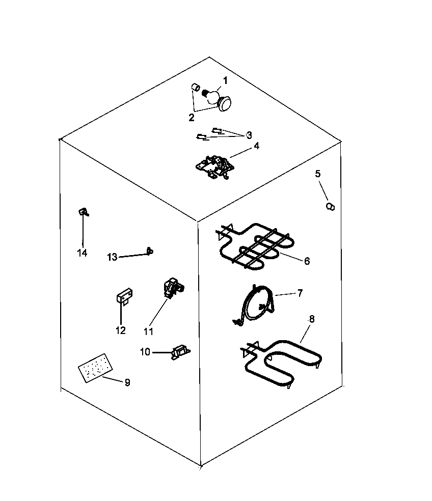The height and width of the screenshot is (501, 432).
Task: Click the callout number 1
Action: (225, 80)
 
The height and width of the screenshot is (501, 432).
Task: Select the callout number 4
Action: (256, 146)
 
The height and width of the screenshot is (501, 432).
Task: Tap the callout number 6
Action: (307, 261)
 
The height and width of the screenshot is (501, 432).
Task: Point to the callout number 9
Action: (127, 382)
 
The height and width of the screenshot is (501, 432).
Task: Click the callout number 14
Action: (82, 253)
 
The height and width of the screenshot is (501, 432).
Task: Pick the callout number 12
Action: (120, 330)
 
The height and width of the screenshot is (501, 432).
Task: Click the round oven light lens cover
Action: (224, 104)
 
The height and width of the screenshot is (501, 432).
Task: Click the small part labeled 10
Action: (180, 351)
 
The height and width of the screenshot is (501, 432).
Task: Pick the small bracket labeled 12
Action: (124, 296)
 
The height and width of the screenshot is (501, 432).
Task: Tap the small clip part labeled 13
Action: (149, 250)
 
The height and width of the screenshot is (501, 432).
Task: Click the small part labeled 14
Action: (83, 212)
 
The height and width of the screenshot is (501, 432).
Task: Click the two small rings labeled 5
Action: (331, 206)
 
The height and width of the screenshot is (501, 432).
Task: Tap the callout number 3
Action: (249, 135)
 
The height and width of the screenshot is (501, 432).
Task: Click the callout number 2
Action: (191, 117)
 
